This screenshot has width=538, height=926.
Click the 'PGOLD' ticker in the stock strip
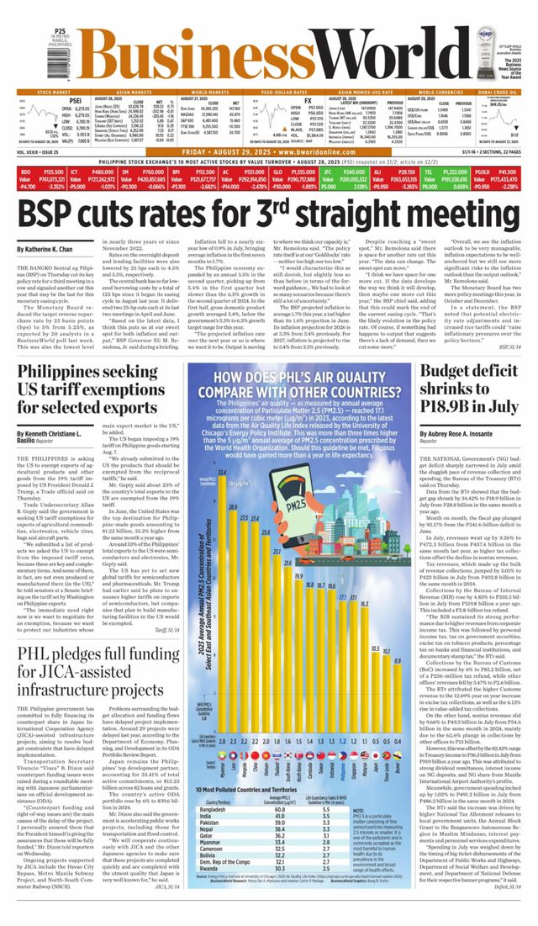tap(484, 170)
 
